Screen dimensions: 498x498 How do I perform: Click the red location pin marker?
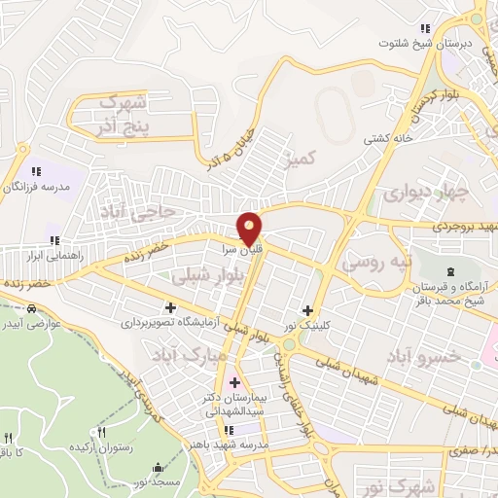pyautogui.click(x=250, y=227)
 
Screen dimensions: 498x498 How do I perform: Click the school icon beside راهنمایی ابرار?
pyautogui.click(x=54, y=239)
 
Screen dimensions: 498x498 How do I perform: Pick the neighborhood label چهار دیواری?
pyautogui.click(x=420, y=193)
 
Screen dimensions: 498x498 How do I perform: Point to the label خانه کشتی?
pyautogui.click(x=387, y=139)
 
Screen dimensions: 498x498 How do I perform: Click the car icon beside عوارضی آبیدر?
pyautogui.click(x=31, y=308)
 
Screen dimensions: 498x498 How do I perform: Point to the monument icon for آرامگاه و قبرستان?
pyautogui.click(x=449, y=271)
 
